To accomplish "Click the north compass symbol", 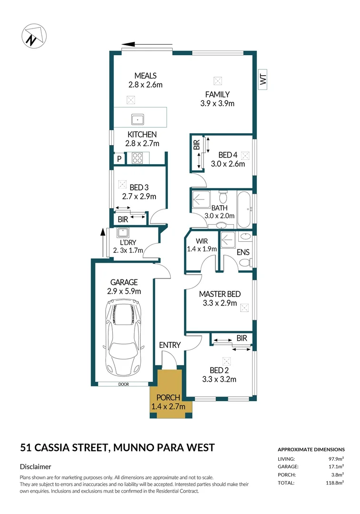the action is click(34, 36).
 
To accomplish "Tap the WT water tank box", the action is click(263, 79).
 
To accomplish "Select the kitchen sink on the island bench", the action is click(138, 119).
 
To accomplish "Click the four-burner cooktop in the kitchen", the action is click(137, 158).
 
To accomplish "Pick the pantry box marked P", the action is click(119, 158).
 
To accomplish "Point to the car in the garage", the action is click(123, 340).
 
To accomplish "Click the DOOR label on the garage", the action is click(124, 384).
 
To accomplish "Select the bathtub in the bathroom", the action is click(244, 210).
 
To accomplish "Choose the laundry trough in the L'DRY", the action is click(123, 233).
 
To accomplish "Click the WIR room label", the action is click(202, 241).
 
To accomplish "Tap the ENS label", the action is click(243, 252).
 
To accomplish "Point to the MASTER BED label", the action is click(220, 294).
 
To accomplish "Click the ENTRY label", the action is click(170, 345).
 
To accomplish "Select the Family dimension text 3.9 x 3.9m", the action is click(217, 103).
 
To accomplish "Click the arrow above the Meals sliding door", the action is click(147, 44).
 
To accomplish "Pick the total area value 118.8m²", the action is click(334, 483).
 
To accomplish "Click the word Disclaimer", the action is click(35, 466).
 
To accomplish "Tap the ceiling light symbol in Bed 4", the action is click(245, 155).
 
